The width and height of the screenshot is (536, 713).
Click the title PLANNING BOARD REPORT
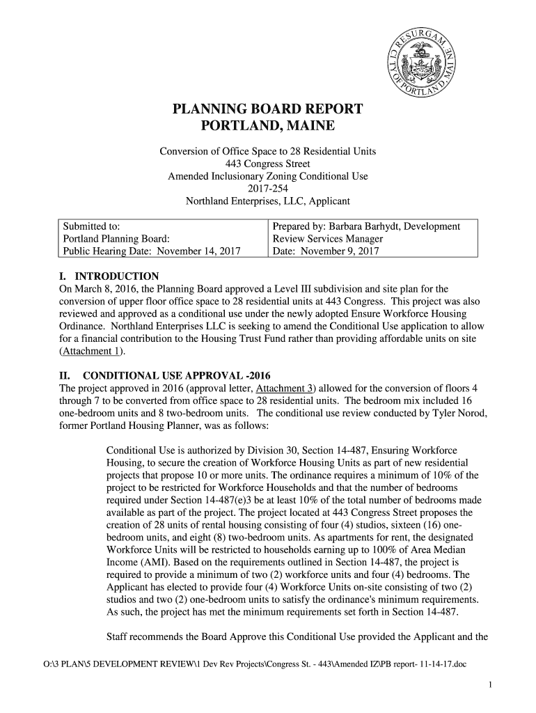[x=267, y=109]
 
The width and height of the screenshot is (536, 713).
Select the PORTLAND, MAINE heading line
[x=267, y=127]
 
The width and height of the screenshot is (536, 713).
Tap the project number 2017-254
[x=267, y=189]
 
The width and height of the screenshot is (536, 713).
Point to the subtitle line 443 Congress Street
[x=267, y=164]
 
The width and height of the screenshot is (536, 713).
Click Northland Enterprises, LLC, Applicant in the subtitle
[x=267, y=201]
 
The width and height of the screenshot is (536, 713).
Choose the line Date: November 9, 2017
[x=326, y=251]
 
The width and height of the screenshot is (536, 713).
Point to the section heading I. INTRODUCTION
[x=109, y=276]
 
